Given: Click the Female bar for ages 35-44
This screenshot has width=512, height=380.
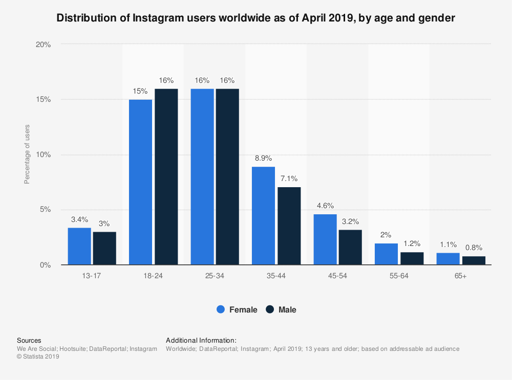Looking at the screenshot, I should click(263, 215).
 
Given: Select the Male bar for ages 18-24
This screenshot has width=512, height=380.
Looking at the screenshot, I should click(166, 176).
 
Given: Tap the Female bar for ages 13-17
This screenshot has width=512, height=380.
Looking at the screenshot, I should click(79, 246).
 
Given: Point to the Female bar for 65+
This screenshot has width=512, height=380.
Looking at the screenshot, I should click(447, 259).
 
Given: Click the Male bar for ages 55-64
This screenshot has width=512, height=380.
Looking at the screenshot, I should click(412, 258).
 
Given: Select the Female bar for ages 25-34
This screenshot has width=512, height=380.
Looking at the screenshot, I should click(202, 176).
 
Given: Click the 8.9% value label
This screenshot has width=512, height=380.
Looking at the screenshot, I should click(263, 159).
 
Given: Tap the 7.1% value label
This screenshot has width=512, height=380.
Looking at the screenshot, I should click(289, 178).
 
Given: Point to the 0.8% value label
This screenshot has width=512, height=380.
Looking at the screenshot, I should click(473, 248).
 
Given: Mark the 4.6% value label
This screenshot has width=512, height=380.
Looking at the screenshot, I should click(325, 206).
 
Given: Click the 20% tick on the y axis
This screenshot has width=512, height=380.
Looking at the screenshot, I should click(44, 44).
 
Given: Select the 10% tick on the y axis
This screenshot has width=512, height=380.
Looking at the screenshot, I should click(44, 154).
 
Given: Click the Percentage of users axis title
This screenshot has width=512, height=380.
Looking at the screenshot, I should click(27, 154).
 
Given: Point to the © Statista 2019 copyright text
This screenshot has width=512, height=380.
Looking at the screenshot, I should click(38, 357).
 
